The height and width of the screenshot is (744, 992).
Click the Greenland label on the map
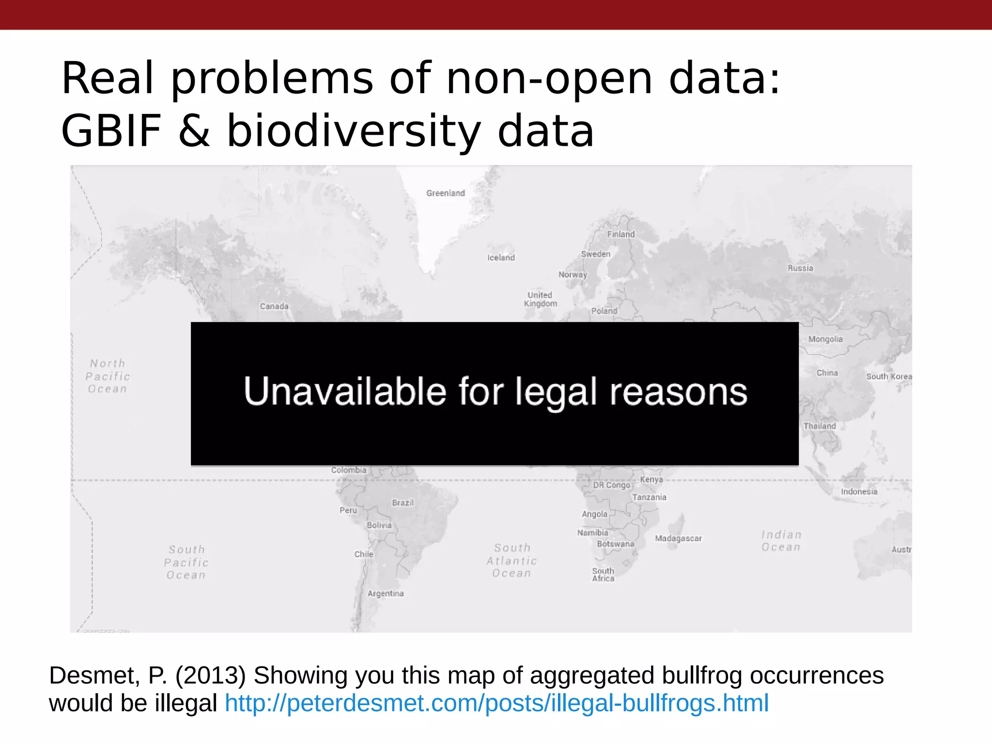pos(446,193)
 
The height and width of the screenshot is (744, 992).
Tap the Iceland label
pos(501,258)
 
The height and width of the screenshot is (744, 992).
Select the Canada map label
pos(274,306)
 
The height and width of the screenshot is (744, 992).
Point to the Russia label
pos(800,268)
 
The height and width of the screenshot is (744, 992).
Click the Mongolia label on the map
pos(825,339)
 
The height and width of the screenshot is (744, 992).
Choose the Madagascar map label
pos(678,538)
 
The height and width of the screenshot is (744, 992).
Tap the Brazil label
pos(403,503)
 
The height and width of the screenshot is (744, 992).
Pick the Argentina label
pos(386,593)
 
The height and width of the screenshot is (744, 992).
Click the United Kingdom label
pos(541,299)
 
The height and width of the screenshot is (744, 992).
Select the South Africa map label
pos(603,574)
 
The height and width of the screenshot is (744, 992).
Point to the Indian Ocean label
pos(781,541)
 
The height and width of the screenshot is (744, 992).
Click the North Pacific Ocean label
pos(108,376)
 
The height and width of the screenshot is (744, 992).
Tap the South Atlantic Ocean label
pos(512,560)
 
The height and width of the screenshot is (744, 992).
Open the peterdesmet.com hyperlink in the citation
pos(496,703)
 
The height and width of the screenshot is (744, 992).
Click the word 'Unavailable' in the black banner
pos(345,391)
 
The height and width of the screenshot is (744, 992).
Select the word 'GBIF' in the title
pos(111,131)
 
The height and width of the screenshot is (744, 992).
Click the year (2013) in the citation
pos(211,675)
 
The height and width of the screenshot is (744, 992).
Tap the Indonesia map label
pos(859,492)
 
